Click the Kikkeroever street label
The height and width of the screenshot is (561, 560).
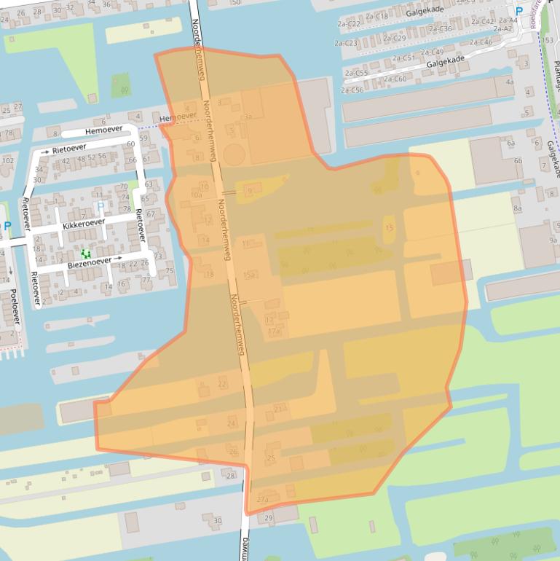point(84,223)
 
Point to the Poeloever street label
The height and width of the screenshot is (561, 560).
point(14,307)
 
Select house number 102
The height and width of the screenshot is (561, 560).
point(8,161)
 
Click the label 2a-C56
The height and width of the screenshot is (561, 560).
point(352,90)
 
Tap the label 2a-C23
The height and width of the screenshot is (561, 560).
point(346,43)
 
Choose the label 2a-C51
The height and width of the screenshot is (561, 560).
point(404,58)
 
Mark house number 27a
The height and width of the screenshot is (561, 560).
point(263,500)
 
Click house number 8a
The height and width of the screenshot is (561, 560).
point(518,208)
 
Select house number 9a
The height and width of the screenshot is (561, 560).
point(553,240)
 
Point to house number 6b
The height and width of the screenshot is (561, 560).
point(518,161)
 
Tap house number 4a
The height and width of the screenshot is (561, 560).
point(510,82)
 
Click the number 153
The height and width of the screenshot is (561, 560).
point(548,39)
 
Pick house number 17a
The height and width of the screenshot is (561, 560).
point(275,332)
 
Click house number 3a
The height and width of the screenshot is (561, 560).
point(248,116)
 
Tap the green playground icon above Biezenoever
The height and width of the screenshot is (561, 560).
point(86,253)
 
